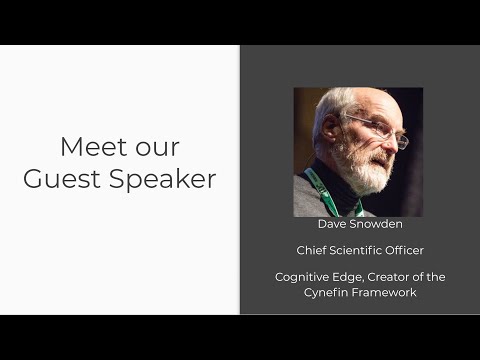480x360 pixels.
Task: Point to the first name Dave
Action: click(x=332, y=224)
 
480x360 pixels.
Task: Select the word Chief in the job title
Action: click(x=312, y=250)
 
